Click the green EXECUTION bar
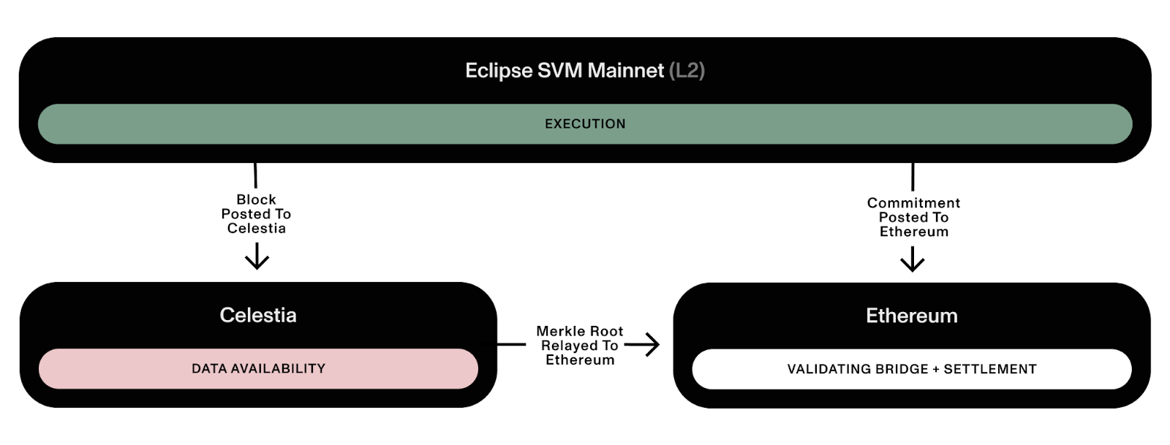(585, 124)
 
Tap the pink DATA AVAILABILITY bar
(258, 368)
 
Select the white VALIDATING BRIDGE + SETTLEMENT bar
(912, 369)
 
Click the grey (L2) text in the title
(687, 70)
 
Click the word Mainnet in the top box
(626, 70)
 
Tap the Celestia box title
(258, 315)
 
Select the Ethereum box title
(912, 316)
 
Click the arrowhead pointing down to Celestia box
(257, 261)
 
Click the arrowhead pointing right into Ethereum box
(652, 344)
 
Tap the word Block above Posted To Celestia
(256, 199)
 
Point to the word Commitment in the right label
(913, 203)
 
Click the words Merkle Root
(580, 331)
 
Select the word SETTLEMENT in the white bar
(990, 369)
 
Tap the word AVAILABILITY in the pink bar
(284, 368)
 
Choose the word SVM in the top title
(561, 70)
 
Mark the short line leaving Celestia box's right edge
(511, 344)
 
